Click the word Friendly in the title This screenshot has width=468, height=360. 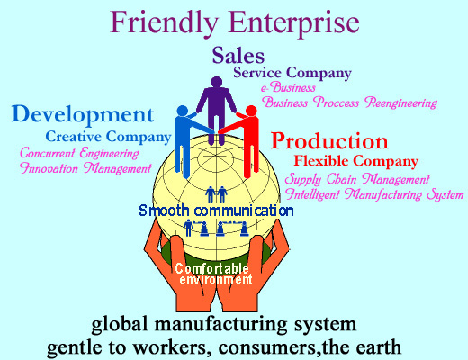tap(165, 23)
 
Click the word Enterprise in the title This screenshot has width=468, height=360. tap(294, 23)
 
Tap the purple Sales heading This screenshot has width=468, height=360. tap(238, 56)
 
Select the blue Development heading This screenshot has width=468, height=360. tap(83, 115)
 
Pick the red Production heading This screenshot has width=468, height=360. tap(329, 141)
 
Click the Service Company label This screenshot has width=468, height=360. tap(292, 73)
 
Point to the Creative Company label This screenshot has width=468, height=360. tap(108, 137)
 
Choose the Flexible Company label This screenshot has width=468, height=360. tap(355, 161)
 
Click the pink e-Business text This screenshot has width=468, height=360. tap(288, 87)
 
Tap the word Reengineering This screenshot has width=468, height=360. tap(400, 103)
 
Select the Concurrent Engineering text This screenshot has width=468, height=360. tap(79, 153)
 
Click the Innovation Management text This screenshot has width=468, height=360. tap(85, 168)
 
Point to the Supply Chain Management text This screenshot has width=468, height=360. tap(357, 179)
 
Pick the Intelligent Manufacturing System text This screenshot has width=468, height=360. tap(374, 194)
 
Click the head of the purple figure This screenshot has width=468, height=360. tap(216, 82)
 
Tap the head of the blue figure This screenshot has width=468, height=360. tap(182, 111)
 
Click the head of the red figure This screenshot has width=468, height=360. tap(251, 111)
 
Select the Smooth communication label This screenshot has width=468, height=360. tap(216, 211)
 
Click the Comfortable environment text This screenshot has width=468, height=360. tap(213, 274)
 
